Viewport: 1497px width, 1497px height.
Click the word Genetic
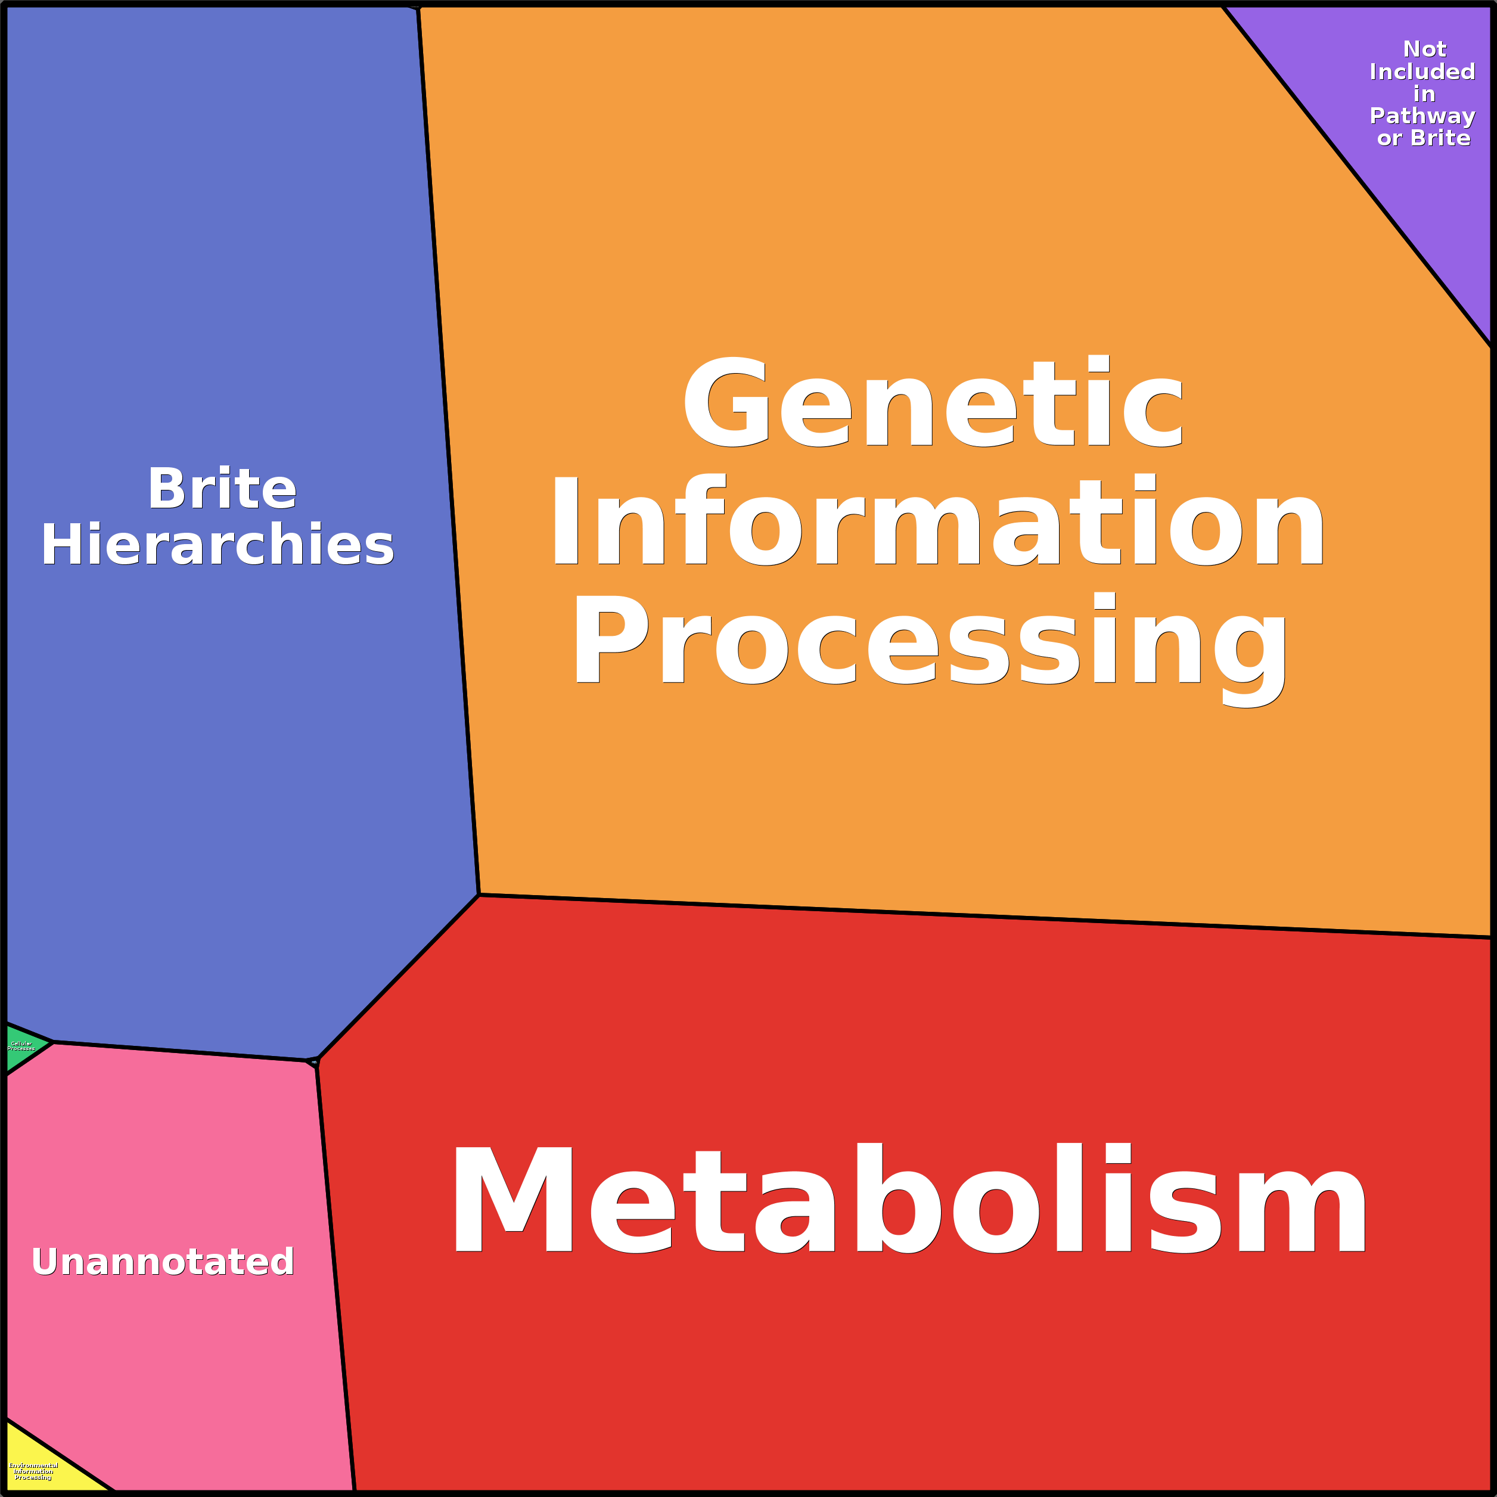(x=934, y=403)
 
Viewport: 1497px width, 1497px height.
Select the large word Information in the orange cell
(x=937, y=521)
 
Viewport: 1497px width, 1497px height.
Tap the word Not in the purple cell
(x=1424, y=49)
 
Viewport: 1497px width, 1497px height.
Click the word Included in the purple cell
(x=1422, y=72)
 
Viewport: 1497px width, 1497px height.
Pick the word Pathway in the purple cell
(x=1422, y=116)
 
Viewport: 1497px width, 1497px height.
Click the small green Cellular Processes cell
(x=21, y=1048)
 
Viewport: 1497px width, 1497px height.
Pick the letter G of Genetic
(x=725, y=403)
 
